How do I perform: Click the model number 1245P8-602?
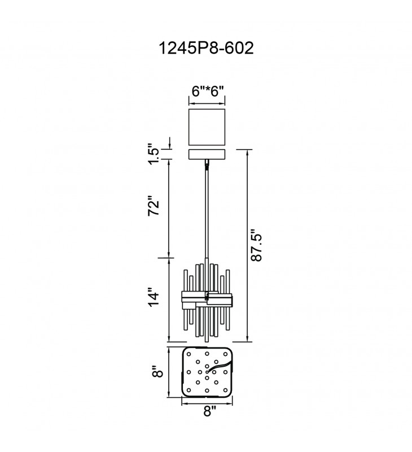tap(206, 48)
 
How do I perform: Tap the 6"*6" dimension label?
tap(208, 92)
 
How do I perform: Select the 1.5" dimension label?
tap(154, 154)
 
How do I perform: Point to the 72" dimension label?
tap(154, 206)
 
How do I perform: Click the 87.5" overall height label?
tap(256, 245)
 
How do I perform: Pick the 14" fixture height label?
tap(154, 297)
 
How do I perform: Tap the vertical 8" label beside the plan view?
tap(158, 372)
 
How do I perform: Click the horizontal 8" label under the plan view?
tap(210, 411)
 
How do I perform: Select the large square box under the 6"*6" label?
tap(207, 127)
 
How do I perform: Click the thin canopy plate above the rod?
tap(207, 154)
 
